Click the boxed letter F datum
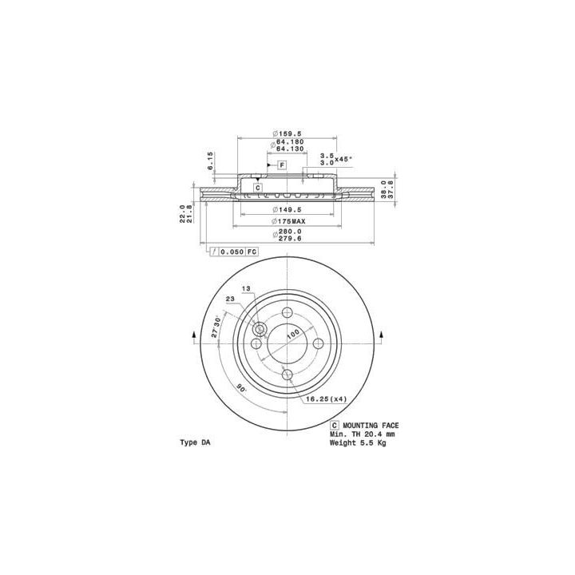coord(282,165)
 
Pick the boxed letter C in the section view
coord(258,188)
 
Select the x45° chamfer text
coord(343,159)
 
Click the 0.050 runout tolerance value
coord(232,252)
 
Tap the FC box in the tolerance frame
coord(252,252)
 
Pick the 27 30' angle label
coord(216,328)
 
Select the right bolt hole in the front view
coord(318,342)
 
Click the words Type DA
coord(196,442)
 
